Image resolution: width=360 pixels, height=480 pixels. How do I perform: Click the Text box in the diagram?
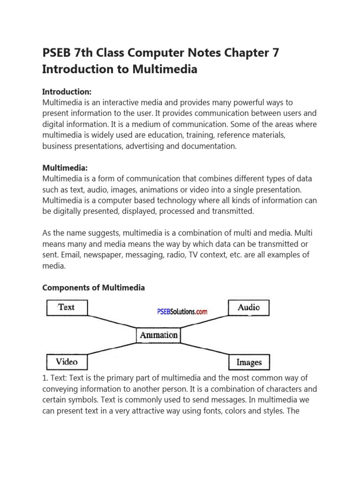click(x=67, y=307)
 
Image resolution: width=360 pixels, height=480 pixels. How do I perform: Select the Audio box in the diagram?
click(x=248, y=307)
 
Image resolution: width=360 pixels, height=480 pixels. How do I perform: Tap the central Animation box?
click(x=158, y=335)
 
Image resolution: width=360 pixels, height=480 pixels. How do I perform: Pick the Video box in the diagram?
click(x=67, y=362)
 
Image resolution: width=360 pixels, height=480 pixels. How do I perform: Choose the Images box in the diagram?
click(x=248, y=362)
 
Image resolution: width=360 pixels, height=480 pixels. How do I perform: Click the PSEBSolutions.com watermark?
click(x=181, y=312)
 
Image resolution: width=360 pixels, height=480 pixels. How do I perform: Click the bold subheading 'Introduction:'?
click(x=67, y=91)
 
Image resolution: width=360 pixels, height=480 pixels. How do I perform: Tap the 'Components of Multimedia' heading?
click(x=93, y=288)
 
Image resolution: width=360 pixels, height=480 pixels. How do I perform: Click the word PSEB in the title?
click(x=57, y=53)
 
